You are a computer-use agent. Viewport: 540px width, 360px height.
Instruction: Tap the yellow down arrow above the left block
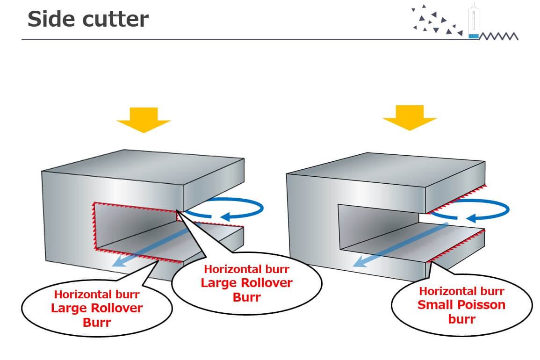tap(144, 120)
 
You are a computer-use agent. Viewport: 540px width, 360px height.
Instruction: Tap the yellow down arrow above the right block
tap(410, 118)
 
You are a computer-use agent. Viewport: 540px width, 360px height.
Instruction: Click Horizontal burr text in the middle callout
tap(247, 269)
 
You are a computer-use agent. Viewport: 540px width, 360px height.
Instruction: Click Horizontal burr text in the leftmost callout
tap(97, 295)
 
